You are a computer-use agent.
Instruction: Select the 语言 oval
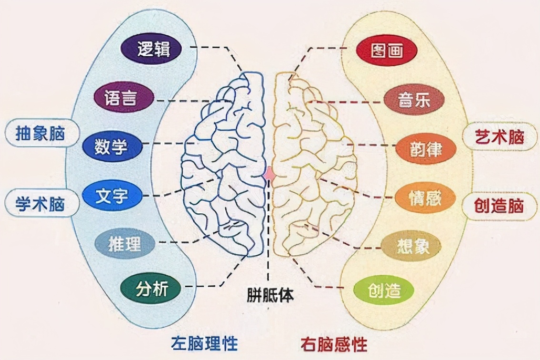coord(122,98)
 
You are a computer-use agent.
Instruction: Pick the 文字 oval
coord(112,196)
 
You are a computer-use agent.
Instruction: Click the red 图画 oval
coord(386,50)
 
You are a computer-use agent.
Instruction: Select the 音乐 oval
coord(414,100)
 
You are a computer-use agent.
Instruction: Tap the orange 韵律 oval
coord(426,149)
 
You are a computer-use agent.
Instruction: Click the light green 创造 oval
coord(384,291)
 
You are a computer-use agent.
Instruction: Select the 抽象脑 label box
coord(41,133)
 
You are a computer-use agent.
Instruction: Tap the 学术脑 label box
coord(41,202)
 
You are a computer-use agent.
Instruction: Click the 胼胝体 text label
coord(270,295)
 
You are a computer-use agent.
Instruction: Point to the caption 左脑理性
coord(205,343)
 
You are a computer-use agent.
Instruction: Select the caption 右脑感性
coord(334,344)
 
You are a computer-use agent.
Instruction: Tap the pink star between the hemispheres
coord(270,176)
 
